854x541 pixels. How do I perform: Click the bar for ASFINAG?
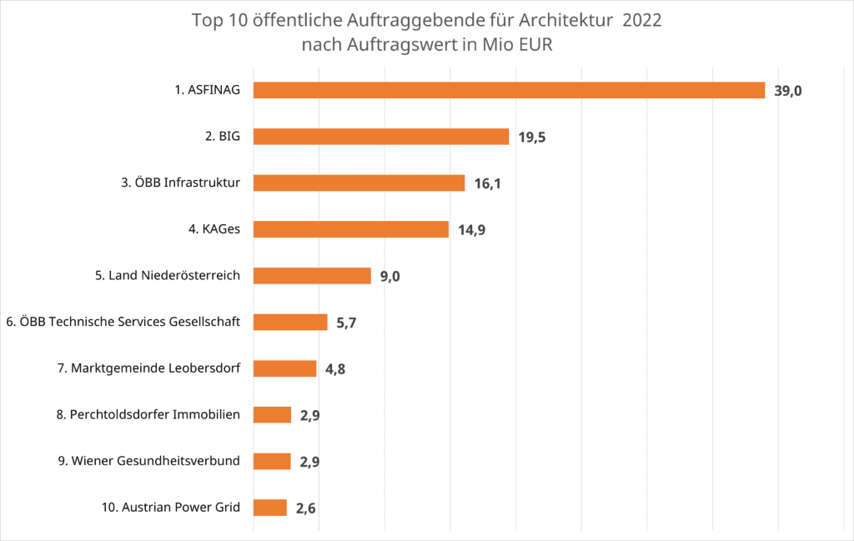[x=509, y=90]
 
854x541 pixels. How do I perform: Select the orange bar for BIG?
[x=380, y=137]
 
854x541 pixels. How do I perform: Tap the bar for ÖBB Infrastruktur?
[x=359, y=183]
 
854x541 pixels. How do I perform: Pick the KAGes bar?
[x=350, y=229]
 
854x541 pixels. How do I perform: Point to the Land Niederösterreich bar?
[x=312, y=276]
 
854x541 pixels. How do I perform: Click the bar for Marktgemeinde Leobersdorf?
[x=284, y=368]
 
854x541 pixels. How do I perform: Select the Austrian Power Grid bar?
[x=269, y=507]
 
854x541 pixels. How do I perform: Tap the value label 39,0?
[x=788, y=91]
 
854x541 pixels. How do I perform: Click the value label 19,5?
[x=532, y=138]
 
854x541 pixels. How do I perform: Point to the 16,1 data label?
[x=488, y=183]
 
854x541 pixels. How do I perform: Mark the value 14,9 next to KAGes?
[x=472, y=230]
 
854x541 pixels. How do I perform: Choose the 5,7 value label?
[x=347, y=323]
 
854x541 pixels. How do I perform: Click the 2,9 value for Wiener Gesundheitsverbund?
[x=310, y=462]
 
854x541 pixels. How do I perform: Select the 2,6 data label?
[x=306, y=508]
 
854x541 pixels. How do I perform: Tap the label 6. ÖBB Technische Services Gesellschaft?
[x=123, y=322]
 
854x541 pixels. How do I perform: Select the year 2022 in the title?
[x=642, y=20]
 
